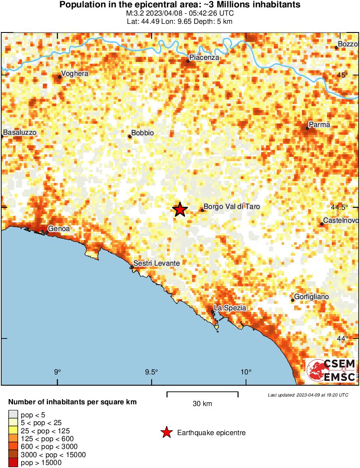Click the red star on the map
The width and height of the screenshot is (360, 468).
pyautogui.click(x=180, y=209)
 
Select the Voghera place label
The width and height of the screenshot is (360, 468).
pyautogui.click(x=75, y=74)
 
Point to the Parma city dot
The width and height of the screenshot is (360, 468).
pyautogui.click(x=307, y=128)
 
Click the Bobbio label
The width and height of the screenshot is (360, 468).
pyautogui.click(x=143, y=133)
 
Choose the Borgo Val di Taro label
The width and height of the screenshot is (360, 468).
pyautogui.click(x=232, y=207)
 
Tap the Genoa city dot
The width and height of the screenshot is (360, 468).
pyautogui.click(x=47, y=232)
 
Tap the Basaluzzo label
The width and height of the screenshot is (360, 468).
pyautogui.click(x=19, y=132)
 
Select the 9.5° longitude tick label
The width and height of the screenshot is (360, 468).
pyautogui.click(x=152, y=371)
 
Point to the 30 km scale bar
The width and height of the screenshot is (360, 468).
pyautogui.click(x=202, y=394)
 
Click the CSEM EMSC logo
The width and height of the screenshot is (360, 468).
pyautogui.click(x=331, y=370)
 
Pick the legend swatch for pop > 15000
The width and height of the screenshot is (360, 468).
pyautogui.click(x=13, y=463)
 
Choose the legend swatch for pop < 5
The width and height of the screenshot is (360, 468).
pyautogui.click(x=13, y=415)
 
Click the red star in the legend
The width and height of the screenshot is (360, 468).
pyautogui.click(x=166, y=432)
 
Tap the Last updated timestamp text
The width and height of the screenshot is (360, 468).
pyautogui.click(x=308, y=395)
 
